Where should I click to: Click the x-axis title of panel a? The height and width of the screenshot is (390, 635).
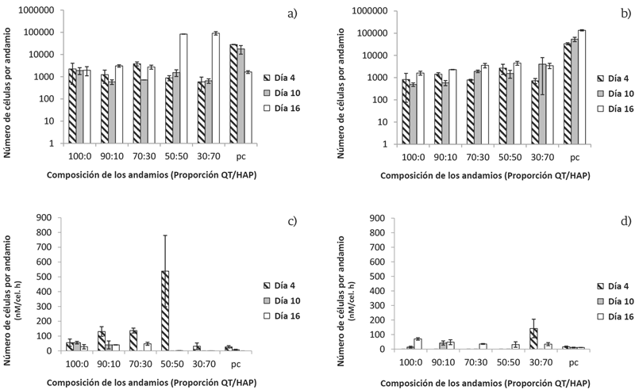pos(141,176)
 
